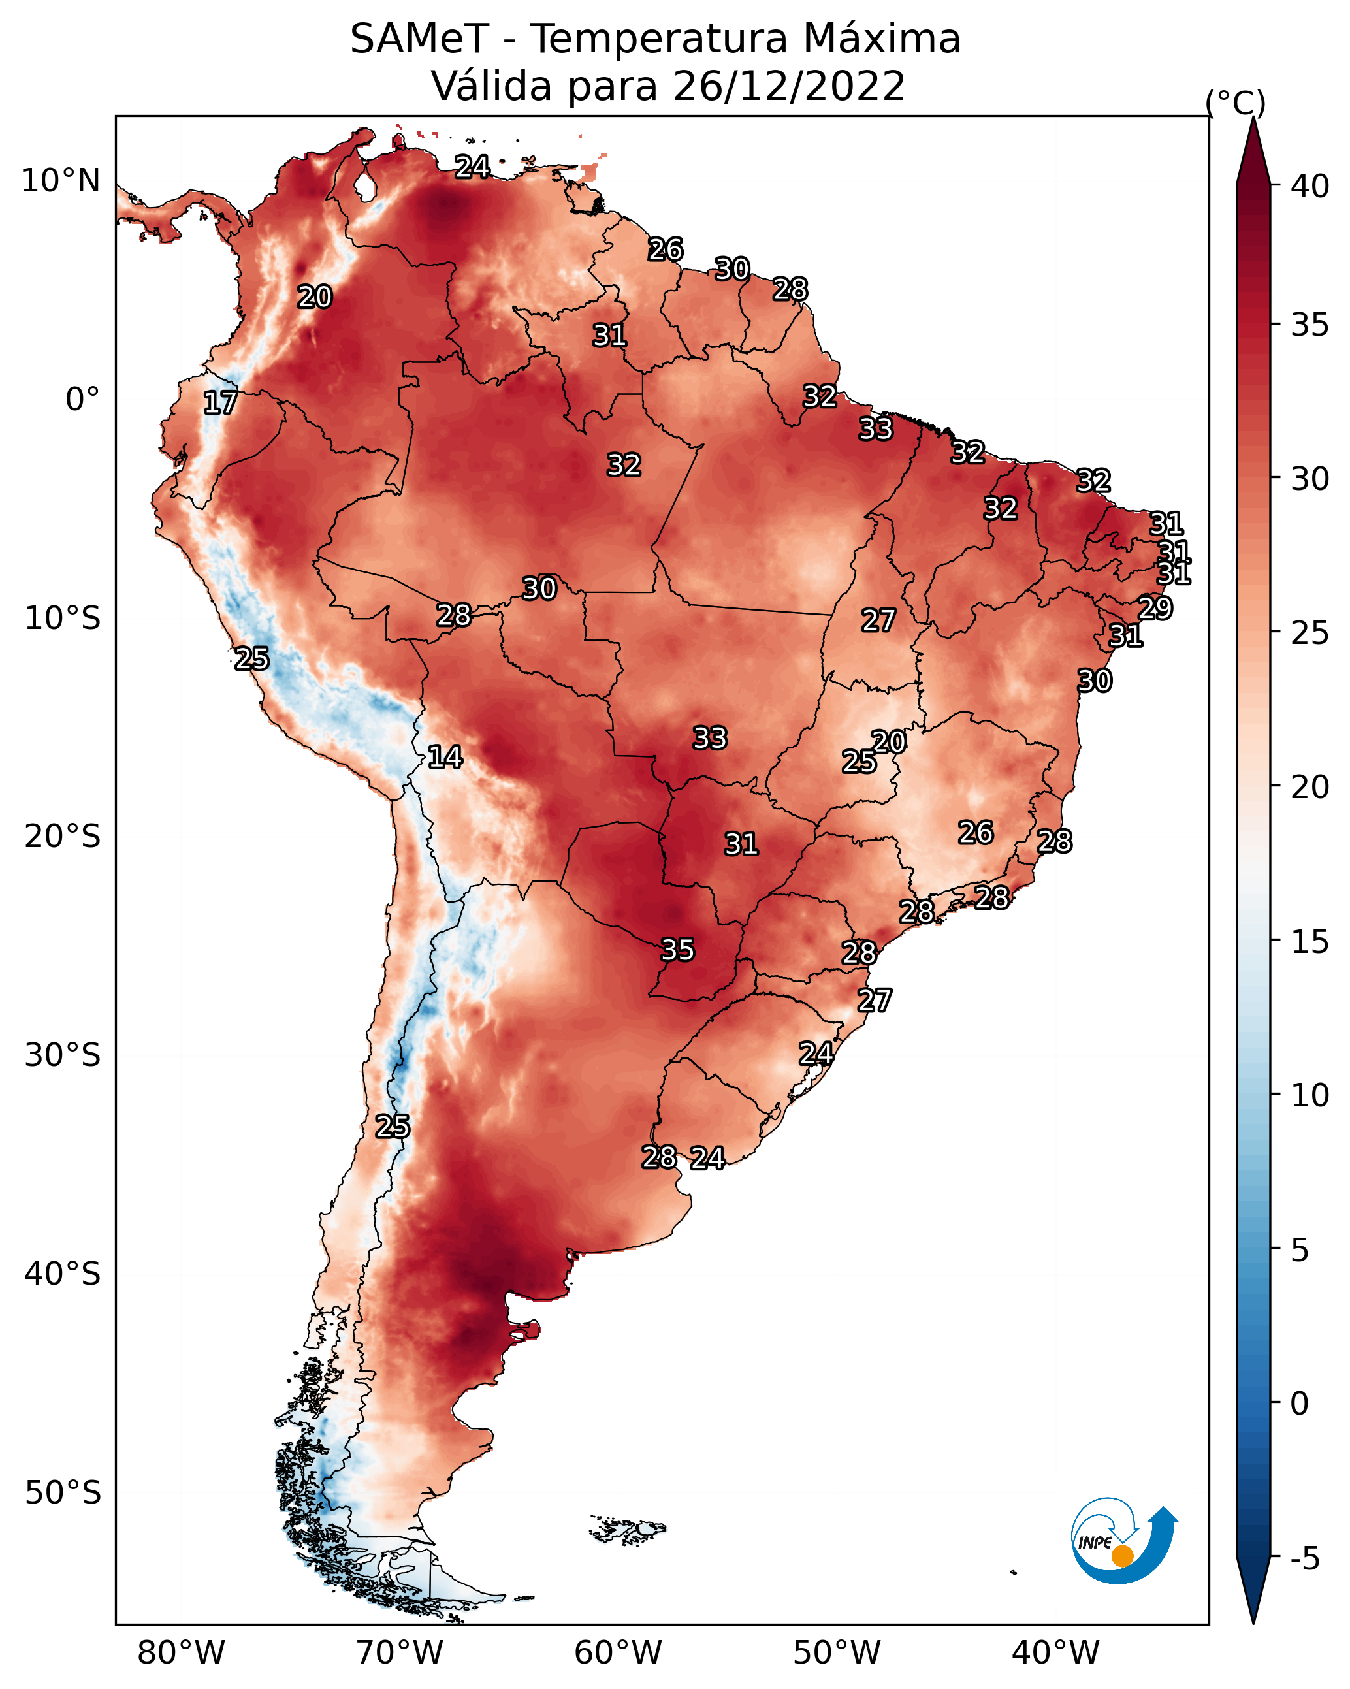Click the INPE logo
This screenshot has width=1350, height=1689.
[x=1122, y=1541]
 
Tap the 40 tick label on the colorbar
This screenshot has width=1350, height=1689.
[x=1310, y=186]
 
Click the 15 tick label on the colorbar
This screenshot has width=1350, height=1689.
[x=1310, y=942]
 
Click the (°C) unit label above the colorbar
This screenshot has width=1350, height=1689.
[x=1235, y=103]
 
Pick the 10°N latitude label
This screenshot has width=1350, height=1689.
[x=60, y=181]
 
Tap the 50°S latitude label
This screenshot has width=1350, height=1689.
[x=63, y=1493]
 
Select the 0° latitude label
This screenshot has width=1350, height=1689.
[x=82, y=400]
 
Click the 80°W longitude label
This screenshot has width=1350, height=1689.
[x=181, y=1652]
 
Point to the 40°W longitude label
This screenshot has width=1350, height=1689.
[x=1055, y=1652]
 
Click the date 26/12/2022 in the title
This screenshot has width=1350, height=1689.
[x=788, y=86]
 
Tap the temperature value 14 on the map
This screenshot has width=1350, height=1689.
[x=444, y=757]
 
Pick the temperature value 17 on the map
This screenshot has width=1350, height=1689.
[x=220, y=403]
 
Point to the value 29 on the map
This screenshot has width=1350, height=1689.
[x=1155, y=608]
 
